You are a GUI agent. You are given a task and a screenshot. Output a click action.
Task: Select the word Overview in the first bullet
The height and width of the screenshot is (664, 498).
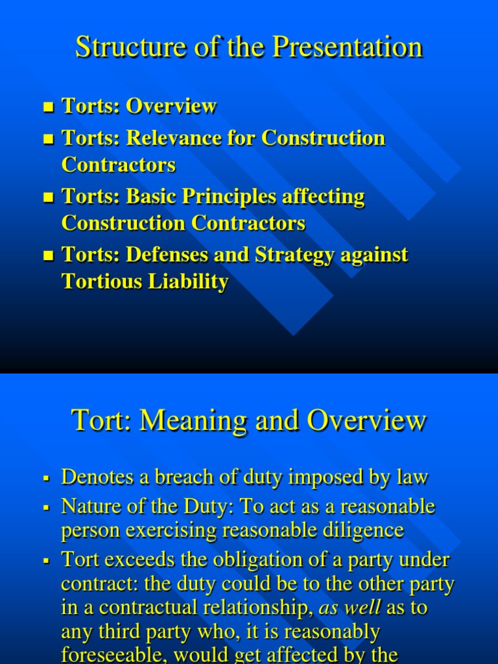171,106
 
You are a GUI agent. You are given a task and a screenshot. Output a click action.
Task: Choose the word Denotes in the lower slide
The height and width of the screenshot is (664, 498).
97,477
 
